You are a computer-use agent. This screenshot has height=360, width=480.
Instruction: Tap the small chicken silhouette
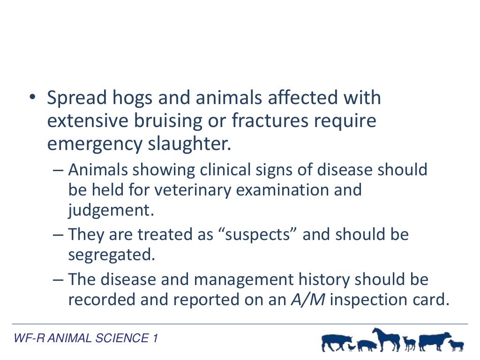352,347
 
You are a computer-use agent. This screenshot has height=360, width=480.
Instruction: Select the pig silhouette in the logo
367,346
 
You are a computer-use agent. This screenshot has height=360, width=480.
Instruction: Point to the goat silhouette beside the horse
410,343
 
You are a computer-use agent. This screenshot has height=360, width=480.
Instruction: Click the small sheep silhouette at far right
456,345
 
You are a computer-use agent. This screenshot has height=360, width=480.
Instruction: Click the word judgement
111,210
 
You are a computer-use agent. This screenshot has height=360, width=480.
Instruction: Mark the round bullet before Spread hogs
31,98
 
